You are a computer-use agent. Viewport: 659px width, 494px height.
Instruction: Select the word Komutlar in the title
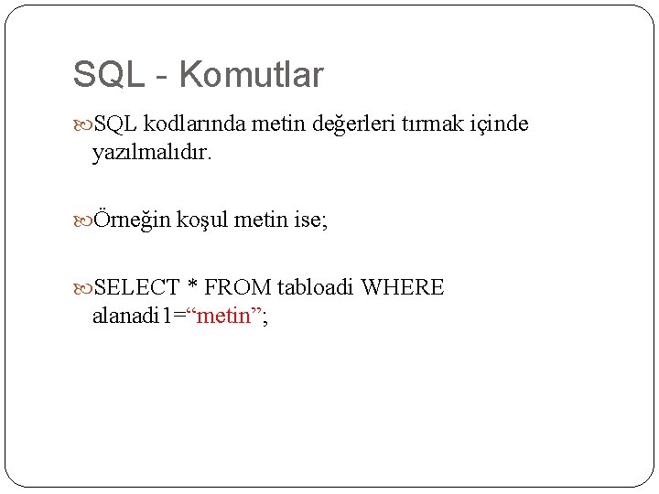[252, 75]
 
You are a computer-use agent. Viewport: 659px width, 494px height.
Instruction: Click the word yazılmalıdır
[152, 153]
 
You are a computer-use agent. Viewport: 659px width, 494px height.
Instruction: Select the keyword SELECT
[136, 288]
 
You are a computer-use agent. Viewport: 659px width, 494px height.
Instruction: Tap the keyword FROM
[238, 288]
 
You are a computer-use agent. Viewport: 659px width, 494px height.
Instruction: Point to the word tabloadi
[315, 288]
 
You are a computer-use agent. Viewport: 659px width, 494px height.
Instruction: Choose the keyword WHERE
[403, 288]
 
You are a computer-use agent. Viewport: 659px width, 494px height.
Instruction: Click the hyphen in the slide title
[161, 77]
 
